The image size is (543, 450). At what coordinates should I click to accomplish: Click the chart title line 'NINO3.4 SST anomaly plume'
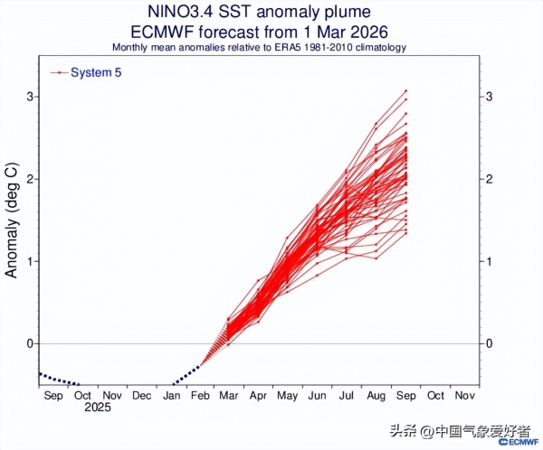[258, 12]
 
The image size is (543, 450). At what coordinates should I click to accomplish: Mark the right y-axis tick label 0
[489, 343]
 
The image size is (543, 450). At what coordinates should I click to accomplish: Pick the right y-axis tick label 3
[489, 97]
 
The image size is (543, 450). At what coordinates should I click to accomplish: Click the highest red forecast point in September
[406, 90]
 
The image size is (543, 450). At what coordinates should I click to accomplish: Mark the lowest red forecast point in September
[406, 233]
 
